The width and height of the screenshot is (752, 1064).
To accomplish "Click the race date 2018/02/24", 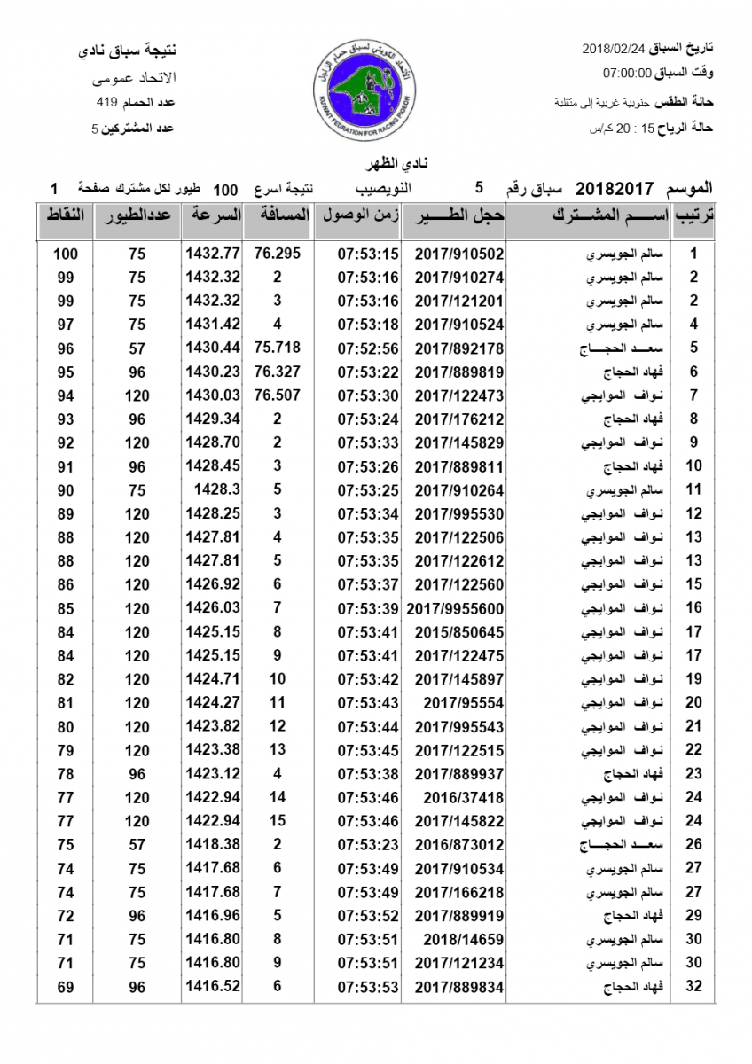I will pyautogui.click(x=617, y=47).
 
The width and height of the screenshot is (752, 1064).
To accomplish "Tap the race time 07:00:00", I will pyautogui.click(x=628, y=74).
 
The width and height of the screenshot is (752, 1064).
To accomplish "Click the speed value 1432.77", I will pyautogui.click(x=213, y=254).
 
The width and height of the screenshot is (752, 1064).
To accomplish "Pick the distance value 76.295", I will pyautogui.click(x=278, y=254).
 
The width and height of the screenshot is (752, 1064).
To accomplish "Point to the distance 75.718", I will pyautogui.click(x=278, y=348).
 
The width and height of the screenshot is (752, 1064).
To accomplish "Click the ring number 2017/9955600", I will pyautogui.click(x=455, y=608).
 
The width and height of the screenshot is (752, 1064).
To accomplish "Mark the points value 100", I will pyautogui.click(x=65, y=254).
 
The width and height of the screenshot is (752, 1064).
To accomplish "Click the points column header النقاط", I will pyautogui.click(x=65, y=215).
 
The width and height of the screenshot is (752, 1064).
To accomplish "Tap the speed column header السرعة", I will pyautogui.click(x=212, y=215).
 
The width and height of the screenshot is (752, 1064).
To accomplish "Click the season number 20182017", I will pyautogui.click(x=615, y=189).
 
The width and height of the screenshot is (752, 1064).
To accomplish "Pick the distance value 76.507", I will pyautogui.click(x=278, y=395).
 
